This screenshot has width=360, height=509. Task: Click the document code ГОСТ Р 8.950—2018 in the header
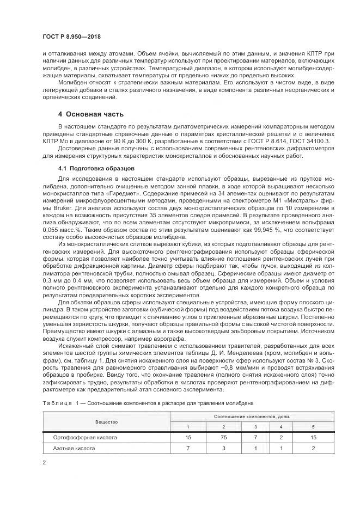click(x=71, y=36)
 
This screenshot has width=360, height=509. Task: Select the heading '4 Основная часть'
click(x=91, y=114)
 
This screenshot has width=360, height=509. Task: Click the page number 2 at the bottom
click(x=44, y=463)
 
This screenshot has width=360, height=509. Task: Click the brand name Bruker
click(x=61, y=208)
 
